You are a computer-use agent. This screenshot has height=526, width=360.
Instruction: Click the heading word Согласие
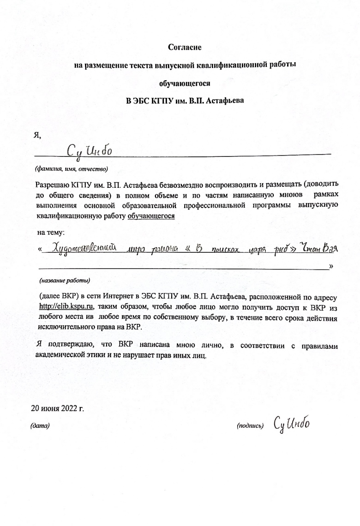(x=185, y=47)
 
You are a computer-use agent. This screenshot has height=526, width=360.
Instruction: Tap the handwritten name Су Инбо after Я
(x=90, y=150)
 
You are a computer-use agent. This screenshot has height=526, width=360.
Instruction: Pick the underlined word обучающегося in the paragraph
(x=151, y=215)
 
